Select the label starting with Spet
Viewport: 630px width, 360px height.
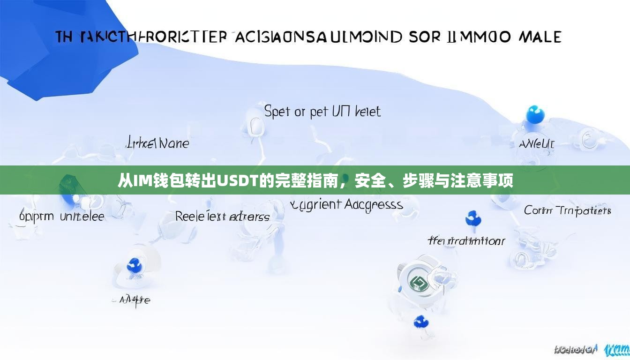pyautogui.click(x=322, y=112)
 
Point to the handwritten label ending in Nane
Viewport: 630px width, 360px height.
pyautogui.click(x=158, y=142)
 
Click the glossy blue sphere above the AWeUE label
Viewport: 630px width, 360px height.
pyautogui.click(x=535, y=114)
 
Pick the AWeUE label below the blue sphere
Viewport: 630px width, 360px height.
pyautogui.click(x=536, y=144)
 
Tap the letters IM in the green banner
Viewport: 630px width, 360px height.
pyautogui.click(x=140, y=180)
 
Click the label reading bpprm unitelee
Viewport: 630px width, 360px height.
pyautogui.click(x=62, y=217)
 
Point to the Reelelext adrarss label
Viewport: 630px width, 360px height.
pyautogui.click(x=222, y=217)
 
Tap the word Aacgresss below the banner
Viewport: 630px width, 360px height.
pyautogui.click(x=374, y=205)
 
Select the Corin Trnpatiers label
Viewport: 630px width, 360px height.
pyautogui.click(x=567, y=211)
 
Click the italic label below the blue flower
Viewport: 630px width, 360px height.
pyautogui.click(x=466, y=241)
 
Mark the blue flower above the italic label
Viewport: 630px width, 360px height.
pyautogui.click(x=472, y=218)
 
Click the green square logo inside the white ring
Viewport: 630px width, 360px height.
pyautogui.click(x=416, y=282)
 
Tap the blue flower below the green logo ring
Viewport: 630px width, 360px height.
pyautogui.click(x=420, y=322)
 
